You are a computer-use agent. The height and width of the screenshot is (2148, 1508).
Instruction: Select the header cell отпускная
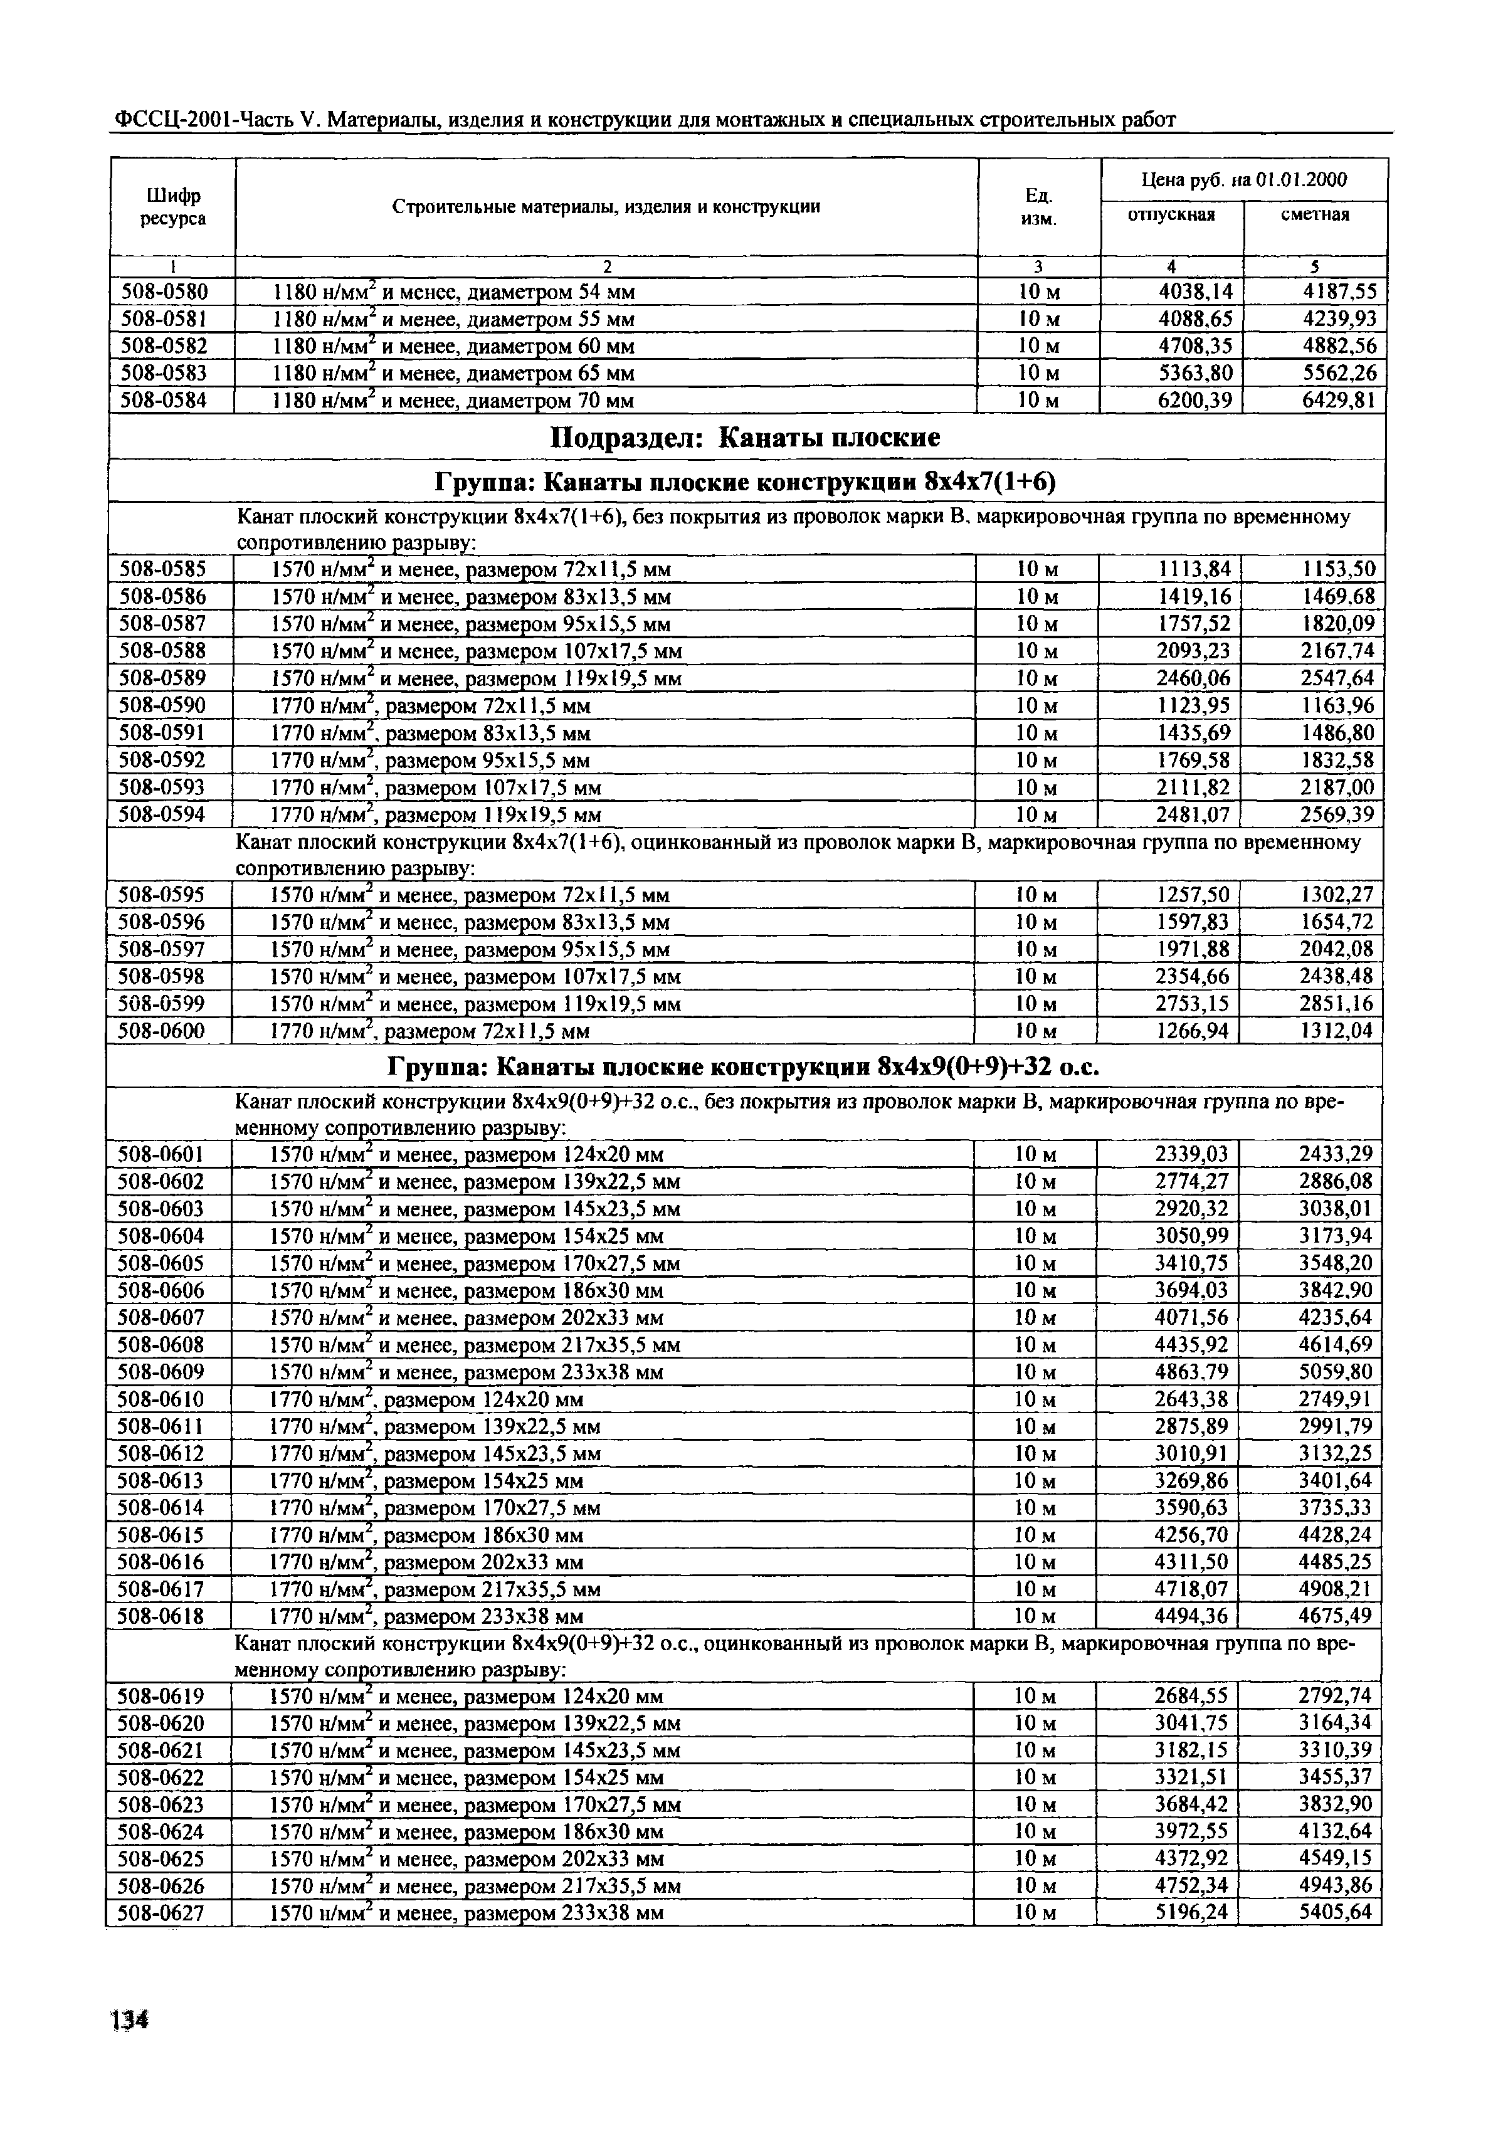[1171, 215]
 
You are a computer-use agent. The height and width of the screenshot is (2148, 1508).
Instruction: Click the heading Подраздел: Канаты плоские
[745, 438]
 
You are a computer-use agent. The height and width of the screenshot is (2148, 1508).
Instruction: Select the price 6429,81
[1339, 401]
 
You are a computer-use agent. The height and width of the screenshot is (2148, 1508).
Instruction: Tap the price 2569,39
[1337, 815]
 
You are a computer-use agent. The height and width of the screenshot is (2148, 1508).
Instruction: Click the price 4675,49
[1335, 1616]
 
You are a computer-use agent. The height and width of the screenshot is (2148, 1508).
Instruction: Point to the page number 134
[129, 2021]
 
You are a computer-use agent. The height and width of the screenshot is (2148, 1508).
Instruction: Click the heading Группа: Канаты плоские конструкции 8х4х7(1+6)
[745, 482]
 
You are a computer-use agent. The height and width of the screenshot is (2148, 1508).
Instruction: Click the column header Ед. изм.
[1038, 207]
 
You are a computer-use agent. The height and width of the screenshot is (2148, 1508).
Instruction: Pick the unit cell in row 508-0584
[1038, 401]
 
